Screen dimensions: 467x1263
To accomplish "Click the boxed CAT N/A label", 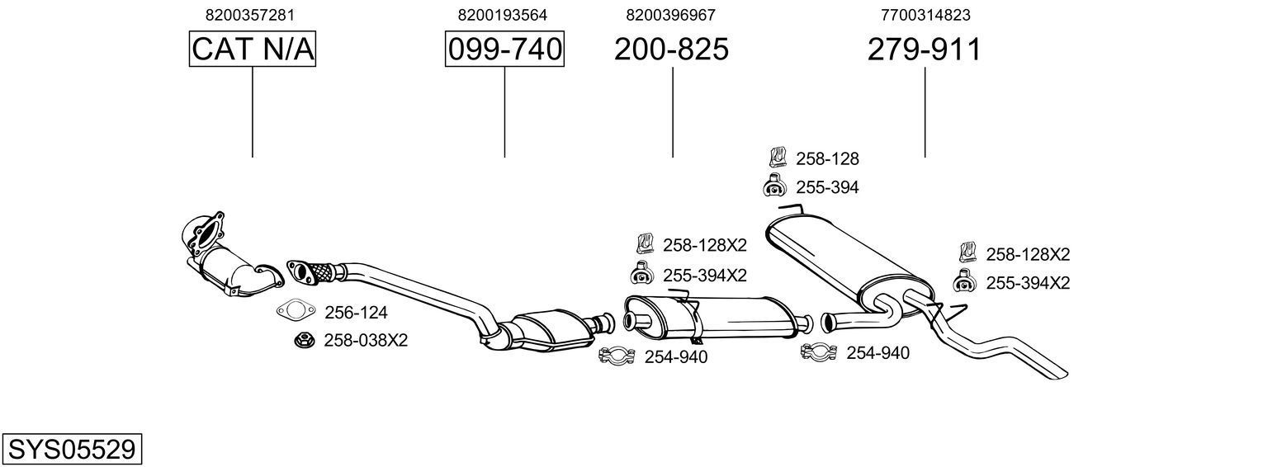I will [253, 50].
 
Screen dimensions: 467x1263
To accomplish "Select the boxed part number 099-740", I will [504, 50].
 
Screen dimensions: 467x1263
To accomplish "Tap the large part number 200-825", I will [671, 50].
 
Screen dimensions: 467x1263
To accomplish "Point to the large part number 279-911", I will [924, 50].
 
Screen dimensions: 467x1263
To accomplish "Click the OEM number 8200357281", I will [249, 15].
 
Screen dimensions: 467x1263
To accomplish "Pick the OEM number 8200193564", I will [502, 15].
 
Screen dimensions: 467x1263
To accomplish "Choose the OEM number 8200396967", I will [670, 15].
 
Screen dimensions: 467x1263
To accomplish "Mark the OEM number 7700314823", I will [925, 15].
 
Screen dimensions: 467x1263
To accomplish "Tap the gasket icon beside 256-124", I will [296, 312].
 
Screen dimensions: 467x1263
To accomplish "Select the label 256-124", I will [356, 313].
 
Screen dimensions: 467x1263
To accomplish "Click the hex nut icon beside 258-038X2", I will [302, 339].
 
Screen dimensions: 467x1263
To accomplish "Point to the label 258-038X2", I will [366, 340].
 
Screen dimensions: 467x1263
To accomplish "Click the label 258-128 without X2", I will [827, 159].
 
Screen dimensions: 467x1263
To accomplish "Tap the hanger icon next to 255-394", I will [774, 186].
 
